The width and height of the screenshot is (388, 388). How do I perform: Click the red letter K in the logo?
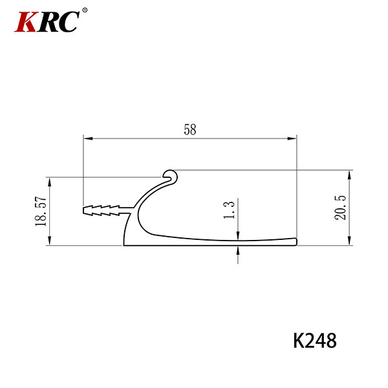25,22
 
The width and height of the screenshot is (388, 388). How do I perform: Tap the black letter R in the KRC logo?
48,22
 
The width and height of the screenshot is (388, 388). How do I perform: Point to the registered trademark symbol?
85,10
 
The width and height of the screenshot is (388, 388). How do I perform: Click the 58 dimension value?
190,130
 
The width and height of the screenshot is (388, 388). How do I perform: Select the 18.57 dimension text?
41,211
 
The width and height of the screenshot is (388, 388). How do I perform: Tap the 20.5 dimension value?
340,208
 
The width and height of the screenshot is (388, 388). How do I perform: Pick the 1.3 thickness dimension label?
229,210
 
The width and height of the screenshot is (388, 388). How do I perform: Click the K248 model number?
315,341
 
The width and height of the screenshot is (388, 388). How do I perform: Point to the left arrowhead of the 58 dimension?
88,138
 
